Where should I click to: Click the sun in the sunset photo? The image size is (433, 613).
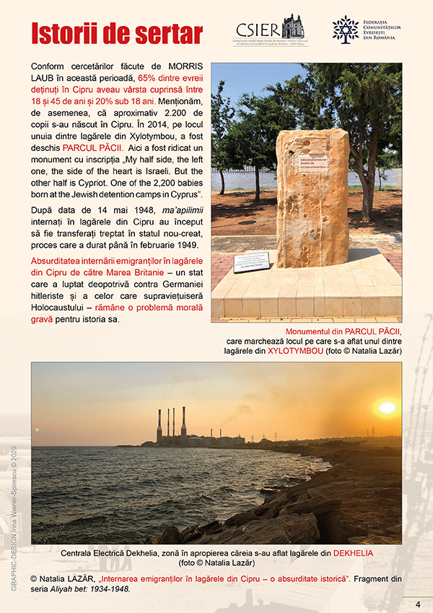click(387, 408)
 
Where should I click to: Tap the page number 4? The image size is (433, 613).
click(417, 604)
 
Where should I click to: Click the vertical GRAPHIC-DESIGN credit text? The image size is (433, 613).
click(14, 520)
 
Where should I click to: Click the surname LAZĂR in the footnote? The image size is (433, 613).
click(79, 579)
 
